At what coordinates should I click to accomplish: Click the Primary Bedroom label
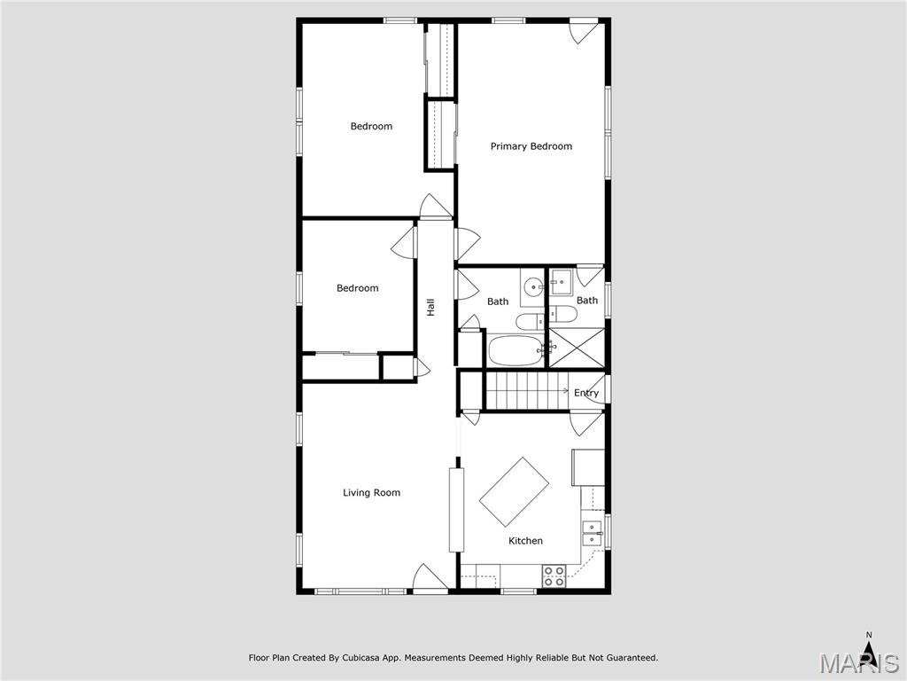click(531, 146)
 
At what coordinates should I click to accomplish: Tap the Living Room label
click(371, 493)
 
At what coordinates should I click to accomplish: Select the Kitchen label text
click(525, 541)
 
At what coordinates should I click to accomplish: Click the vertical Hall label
click(430, 307)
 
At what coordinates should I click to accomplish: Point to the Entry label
click(586, 393)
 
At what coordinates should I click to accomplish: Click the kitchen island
click(514, 492)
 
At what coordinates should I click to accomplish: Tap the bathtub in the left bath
click(515, 350)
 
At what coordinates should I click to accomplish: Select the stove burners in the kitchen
click(554, 576)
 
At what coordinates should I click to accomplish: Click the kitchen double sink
click(591, 533)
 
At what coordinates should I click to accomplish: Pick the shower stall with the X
click(578, 347)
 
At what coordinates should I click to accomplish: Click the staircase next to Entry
click(526, 390)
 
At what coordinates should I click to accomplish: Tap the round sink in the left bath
click(532, 286)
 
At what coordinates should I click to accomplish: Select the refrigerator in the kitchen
click(589, 467)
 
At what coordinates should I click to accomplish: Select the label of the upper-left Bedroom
click(371, 127)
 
